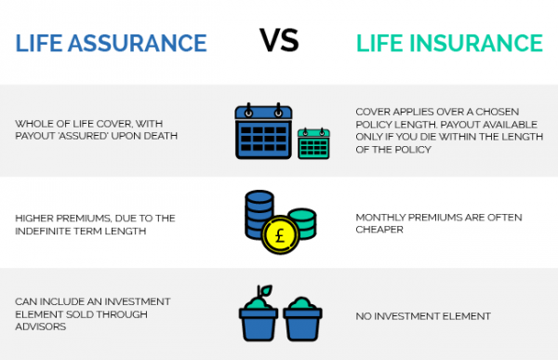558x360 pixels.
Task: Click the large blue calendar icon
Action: tap(261, 130)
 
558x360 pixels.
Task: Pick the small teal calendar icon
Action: tap(313, 143)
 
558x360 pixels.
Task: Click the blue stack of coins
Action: tap(260, 212)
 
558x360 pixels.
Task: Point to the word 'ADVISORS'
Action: tap(43, 327)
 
